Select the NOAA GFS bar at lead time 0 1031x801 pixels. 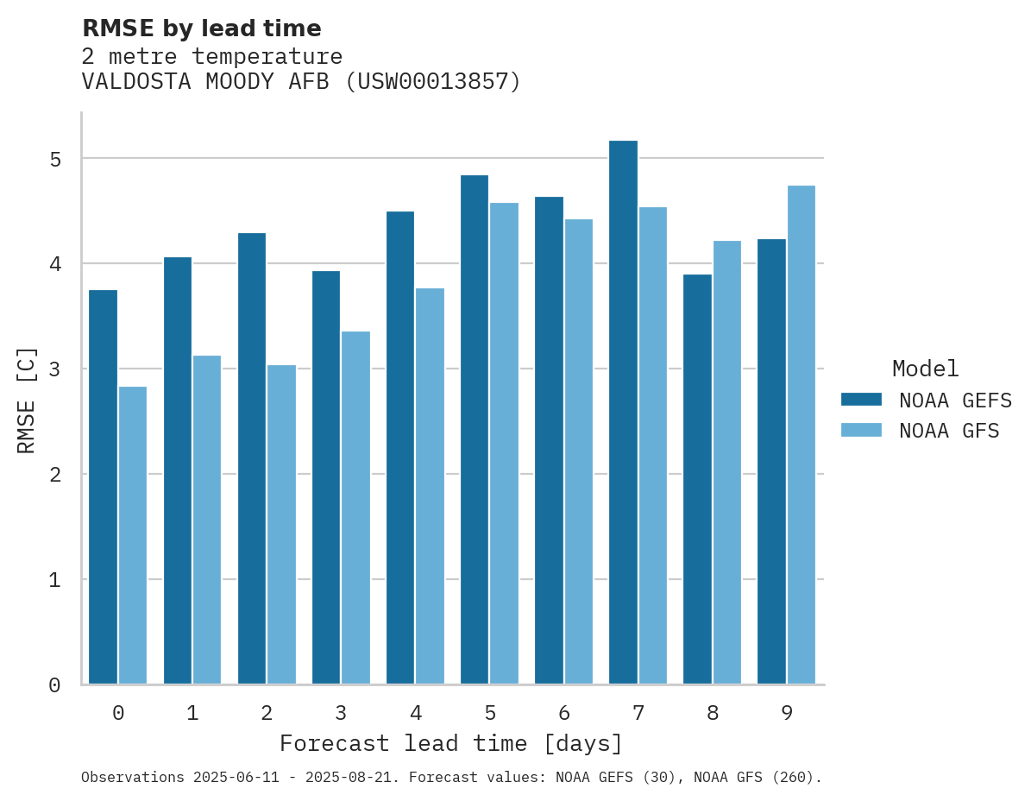[x=133, y=535]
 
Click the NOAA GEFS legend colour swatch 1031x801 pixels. [x=861, y=400]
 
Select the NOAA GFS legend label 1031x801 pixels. [x=949, y=431]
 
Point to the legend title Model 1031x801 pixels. [x=925, y=369]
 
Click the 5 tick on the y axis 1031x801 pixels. [x=55, y=160]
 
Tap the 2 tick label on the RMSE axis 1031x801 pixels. [x=55, y=475]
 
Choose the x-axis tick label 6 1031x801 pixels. [x=564, y=714]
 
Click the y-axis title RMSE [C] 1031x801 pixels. [x=28, y=400]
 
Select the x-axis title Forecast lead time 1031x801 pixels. [x=450, y=744]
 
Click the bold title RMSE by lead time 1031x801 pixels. [x=201, y=28]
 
